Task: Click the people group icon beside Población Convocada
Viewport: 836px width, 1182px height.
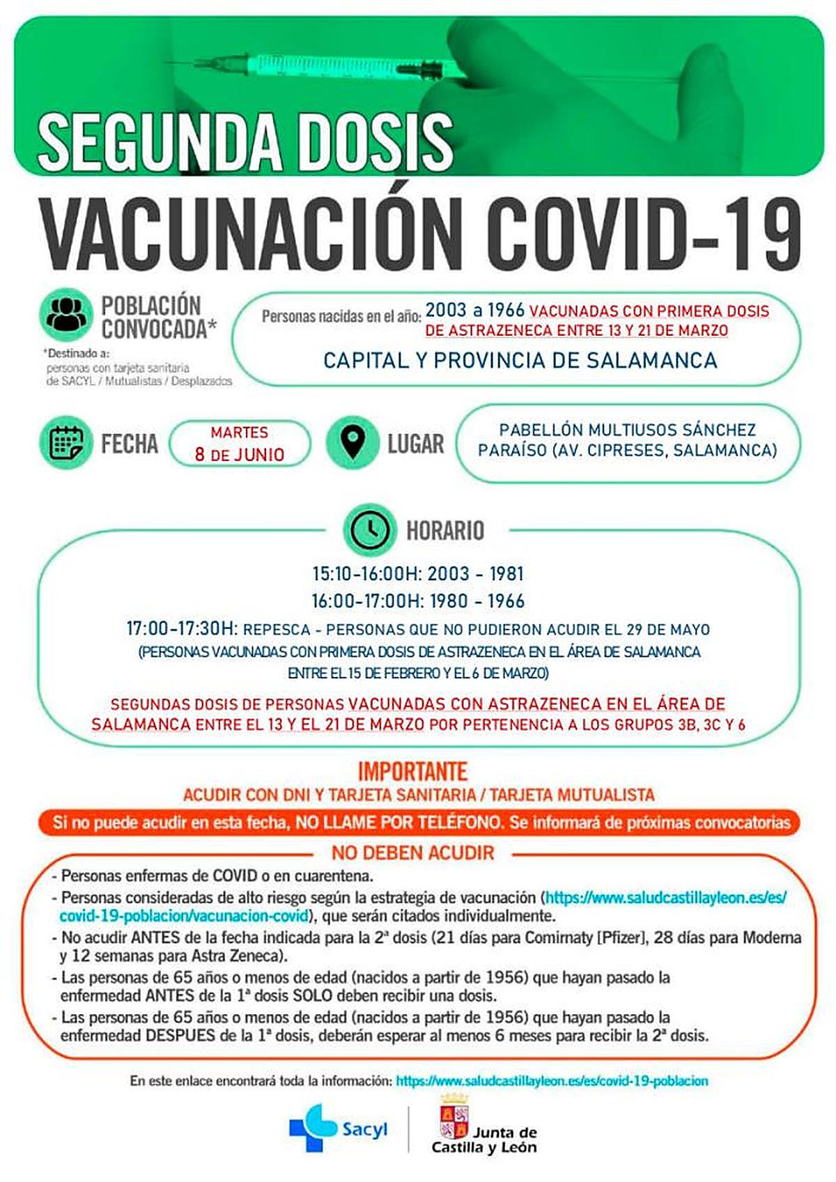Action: click(66, 316)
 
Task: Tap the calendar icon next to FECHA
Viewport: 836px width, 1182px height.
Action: click(66, 442)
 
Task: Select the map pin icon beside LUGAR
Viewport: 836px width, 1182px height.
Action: click(353, 442)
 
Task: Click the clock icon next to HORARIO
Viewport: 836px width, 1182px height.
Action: click(369, 530)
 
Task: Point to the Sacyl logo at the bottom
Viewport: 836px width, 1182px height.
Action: click(338, 1128)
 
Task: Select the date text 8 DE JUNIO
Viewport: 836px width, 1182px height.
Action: click(240, 455)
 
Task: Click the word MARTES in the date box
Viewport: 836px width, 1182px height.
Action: click(240, 433)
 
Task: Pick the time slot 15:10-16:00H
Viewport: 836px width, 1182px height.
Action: click(366, 574)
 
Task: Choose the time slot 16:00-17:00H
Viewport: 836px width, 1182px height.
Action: click(366, 601)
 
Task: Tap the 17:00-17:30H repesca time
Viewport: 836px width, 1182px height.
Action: click(182, 629)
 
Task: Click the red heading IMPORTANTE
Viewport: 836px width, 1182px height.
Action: click(412, 772)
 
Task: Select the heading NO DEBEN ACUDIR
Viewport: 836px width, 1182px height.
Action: click(412, 853)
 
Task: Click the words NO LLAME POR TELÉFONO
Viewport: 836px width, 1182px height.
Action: click(398, 823)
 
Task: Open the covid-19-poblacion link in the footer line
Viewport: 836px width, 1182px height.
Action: click(552, 1081)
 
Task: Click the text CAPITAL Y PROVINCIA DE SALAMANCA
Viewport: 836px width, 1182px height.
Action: click(520, 360)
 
